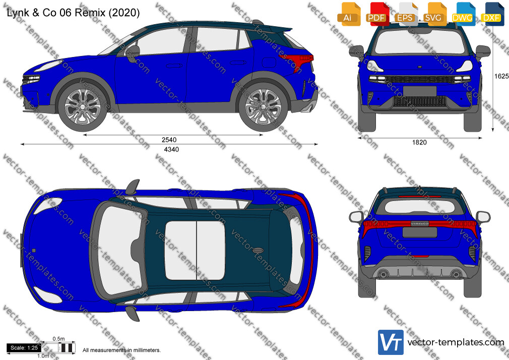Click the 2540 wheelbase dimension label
click(x=169, y=140)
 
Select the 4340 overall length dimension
click(x=171, y=149)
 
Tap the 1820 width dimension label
click(x=419, y=142)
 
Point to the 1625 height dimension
click(x=501, y=76)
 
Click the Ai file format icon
click(x=349, y=14)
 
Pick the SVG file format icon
click(x=434, y=14)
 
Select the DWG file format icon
click(x=463, y=14)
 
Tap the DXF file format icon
click(x=492, y=14)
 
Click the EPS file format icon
click(x=406, y=14)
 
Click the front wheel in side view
click(x=83, y=106)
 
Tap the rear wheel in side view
click(x=263, y=106)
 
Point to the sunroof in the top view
click(x=195, y=250)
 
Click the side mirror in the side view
click(x=133, y=53)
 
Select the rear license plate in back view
click(x=420, y=232)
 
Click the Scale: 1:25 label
click(x=24, y=348)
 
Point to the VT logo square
click(x=391, y=342)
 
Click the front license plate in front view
click(x=420, y=91)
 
